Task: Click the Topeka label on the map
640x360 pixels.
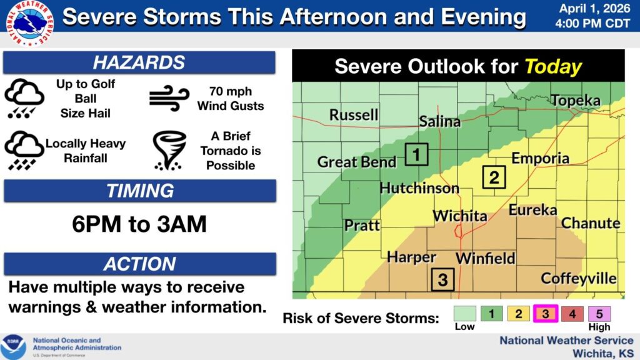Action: click(x=575, y=101)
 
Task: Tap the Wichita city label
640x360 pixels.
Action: click(x=460, y=216)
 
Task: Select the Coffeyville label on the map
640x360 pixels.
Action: click(x=579, y=278)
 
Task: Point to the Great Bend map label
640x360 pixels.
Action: click(x=356, y=162)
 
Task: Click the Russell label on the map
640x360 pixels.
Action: click(x=354, y=115)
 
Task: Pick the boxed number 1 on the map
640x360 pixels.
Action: click(x=416, y=154)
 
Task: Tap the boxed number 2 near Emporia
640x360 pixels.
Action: click(x=494, y=177)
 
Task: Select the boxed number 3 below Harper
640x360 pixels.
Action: click(x=442, y=279)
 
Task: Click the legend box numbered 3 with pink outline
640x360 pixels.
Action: click(x=545, y=314)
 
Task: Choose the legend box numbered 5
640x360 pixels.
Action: click(x=599, y=314)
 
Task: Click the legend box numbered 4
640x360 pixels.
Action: click(x=572, y=314)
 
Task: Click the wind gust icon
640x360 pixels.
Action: click(x=169, y=99)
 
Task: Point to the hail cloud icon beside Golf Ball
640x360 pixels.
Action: click(x=24, y=99)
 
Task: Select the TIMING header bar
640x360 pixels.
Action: click(x=140, y=191)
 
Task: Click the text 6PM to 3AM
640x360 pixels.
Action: click(x=139, y=224)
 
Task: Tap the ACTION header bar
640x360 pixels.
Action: click(x=140, y=264)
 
